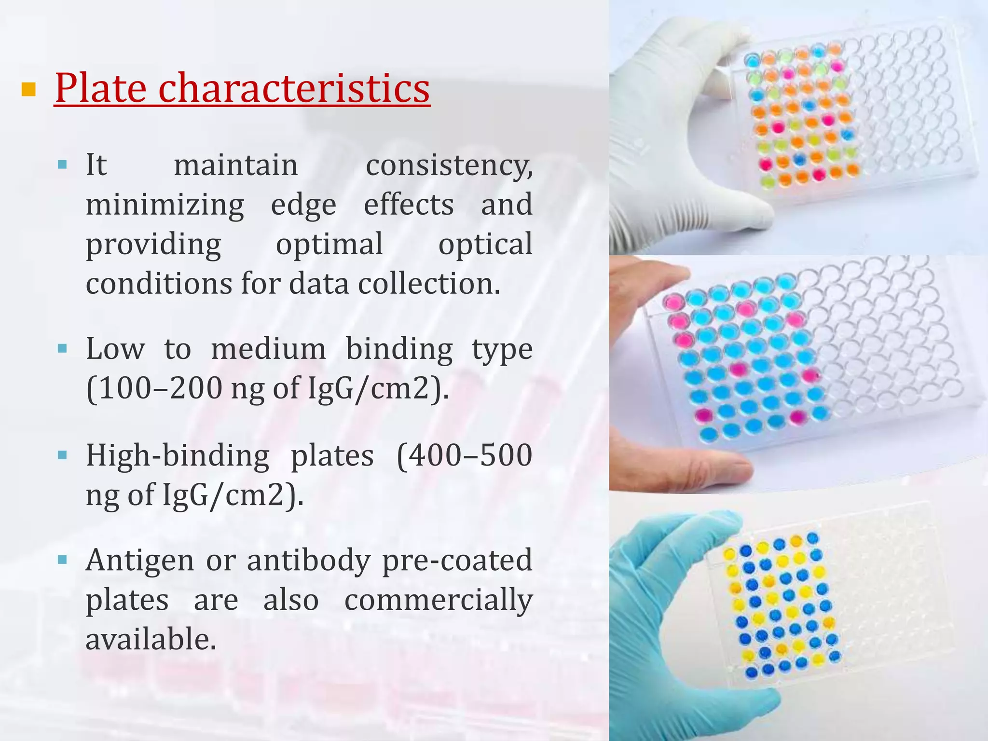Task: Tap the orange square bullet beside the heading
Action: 29,89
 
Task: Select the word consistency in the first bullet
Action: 449,165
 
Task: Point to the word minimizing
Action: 165,205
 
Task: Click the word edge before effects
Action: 303,205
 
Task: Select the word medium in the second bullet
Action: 268,349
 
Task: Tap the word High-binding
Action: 178,456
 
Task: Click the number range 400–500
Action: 464,456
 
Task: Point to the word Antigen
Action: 140,561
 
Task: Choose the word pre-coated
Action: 457,561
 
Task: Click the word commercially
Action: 438,600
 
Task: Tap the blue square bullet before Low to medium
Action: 62,348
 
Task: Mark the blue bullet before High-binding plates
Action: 62,455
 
